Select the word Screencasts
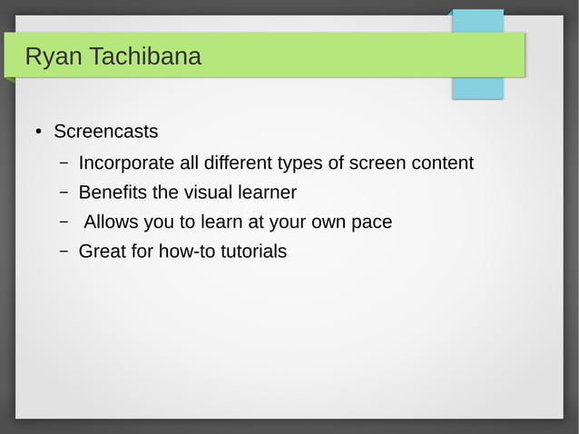coord(105,132)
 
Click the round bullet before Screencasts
coord(37,133)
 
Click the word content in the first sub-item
coord(442,163)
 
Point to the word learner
coord(269,192)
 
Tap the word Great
coord(103,251)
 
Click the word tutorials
coord(257,251)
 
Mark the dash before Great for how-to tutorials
coord(64,252)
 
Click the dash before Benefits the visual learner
coord(64,193)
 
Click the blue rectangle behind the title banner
coord(477,88)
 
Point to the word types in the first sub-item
coord(301,164)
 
